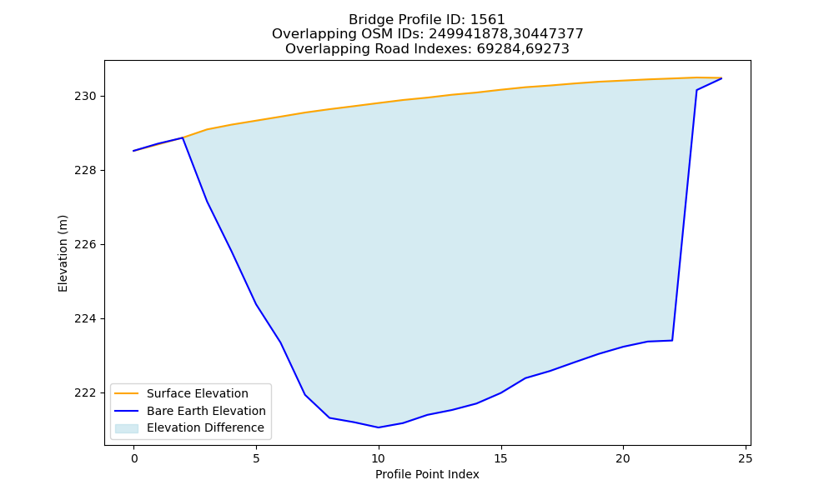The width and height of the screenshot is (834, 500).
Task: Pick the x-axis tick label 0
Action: click(134, 458)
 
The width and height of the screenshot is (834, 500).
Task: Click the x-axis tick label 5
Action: click(256, 458)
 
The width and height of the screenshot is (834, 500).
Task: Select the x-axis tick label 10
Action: click(378, 458)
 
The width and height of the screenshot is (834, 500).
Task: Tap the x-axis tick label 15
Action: click(500, 458)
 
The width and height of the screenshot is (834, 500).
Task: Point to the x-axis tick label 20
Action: click(623, 458)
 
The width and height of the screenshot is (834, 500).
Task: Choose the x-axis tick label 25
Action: click(745, 458)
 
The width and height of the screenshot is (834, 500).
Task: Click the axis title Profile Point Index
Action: click(427, 474)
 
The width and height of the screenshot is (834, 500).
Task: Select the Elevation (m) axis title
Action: click(63, 253)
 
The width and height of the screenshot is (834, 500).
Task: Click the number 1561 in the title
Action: click(487, 20)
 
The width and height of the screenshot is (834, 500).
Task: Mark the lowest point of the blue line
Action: click(378, 427)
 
